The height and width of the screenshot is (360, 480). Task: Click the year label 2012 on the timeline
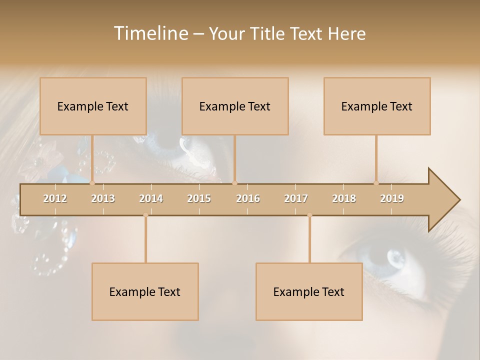pos(55,198)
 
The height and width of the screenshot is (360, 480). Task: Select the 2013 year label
pos(103,198)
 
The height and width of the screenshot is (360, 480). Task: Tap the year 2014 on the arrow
pos(151,198)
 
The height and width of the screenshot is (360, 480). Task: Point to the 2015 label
pos(199,198)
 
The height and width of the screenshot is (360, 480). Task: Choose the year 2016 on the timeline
pos(248,198)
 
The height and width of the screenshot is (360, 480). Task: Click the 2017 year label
pos(296,198)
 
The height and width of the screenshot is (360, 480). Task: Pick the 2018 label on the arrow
pos(344,198)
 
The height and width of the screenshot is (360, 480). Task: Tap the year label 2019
pos(392,198)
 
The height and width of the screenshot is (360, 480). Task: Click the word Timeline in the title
pos(149,33)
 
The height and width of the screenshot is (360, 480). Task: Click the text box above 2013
pos(93,106)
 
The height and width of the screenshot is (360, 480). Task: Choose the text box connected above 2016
pos(235,106)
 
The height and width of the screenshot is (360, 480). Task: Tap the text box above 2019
pos(377,106)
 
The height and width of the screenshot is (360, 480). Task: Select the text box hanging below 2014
pos(145,291)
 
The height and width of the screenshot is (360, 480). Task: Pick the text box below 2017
pos(309,291)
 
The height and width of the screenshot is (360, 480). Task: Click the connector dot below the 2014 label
pos(145,215)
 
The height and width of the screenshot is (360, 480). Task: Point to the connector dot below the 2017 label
pos(309,215)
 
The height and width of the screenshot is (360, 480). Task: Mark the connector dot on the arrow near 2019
pos(376,183)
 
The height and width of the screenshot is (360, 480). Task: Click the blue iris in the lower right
pos(395,257)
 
